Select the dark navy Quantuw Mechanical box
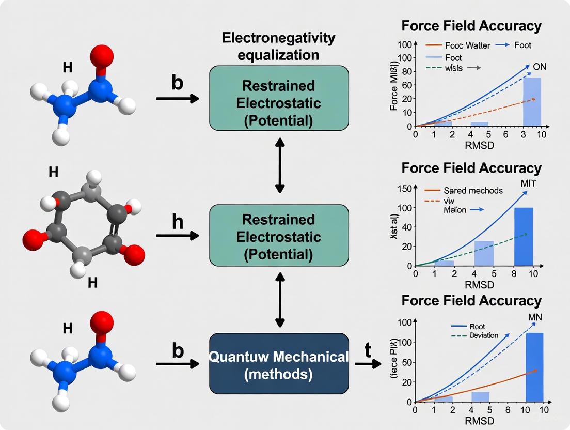coord(279,364)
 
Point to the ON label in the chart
coord(539,67)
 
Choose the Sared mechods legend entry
coord(473,191)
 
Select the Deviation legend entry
coord(484,335)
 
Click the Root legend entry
coord(477,327)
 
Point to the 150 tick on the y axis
coord(403,188)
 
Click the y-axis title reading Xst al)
coord(395,227)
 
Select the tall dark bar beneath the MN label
coord(534,367)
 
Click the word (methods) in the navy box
coord(279,375)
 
